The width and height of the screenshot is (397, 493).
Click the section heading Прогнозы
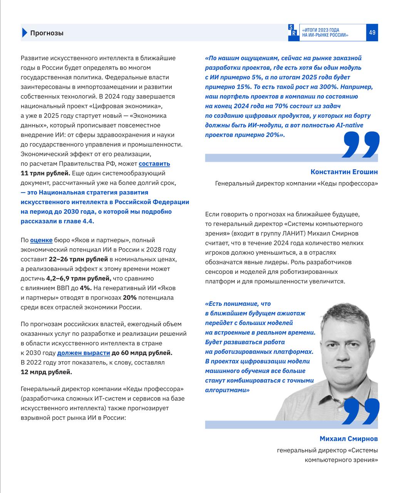click(47, 33)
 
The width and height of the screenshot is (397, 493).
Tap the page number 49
click(372, 33)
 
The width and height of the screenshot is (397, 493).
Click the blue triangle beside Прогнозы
click(24, 33)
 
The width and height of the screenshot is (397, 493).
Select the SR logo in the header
click(293, 32)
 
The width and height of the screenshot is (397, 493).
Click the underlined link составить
click(154, 164)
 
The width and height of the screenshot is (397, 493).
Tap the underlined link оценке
click(41, 240)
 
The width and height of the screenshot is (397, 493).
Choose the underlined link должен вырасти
click(83, 353)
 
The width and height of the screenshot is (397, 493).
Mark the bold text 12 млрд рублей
click(46, 372)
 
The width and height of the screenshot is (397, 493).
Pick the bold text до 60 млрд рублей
click(142, 353)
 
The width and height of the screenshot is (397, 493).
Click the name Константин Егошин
click(344, 172)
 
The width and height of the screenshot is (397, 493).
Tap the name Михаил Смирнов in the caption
click(348, 439)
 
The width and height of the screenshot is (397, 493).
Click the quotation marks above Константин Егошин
click(360, 145)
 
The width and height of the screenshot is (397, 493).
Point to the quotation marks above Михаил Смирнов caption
click(360, 412)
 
